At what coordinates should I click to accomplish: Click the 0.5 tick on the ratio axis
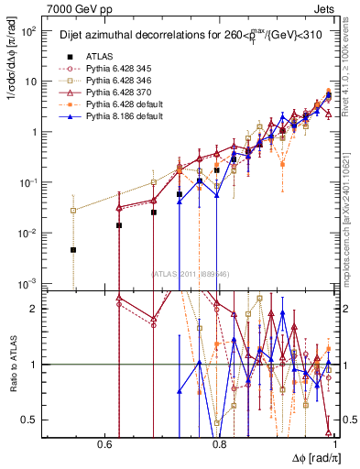pos(32,420)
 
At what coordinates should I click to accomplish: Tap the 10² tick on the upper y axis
pos(31,31)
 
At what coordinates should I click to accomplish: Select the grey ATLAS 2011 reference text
pos(191,273)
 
